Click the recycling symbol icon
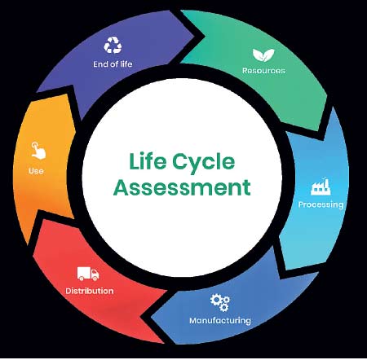pos(113,45)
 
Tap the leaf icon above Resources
pos(263,55)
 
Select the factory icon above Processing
pos(321,187)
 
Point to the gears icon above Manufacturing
pos(220,302)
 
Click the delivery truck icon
pos(88,274)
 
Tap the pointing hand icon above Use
pos(38,151)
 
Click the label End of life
pos(113,64)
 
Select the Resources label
pos(263,71)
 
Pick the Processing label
pos(321,204)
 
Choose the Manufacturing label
pos(220,321)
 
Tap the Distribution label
pos(90,291)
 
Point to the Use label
pos(36,171)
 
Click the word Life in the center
pos(148,161)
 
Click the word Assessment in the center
pos(182,187)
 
